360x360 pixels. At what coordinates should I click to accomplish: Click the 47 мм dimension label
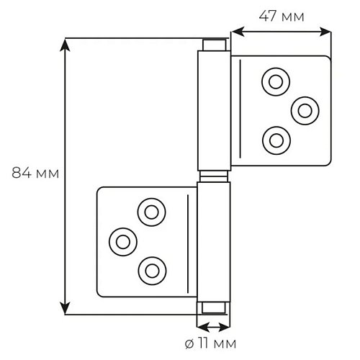click(x=282, y=17)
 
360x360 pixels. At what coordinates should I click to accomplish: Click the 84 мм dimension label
click(x=35, y=173)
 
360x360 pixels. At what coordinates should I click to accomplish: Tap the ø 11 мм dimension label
click(x=210, y=343)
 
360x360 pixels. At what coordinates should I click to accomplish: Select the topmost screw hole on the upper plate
click(x=276, y=82)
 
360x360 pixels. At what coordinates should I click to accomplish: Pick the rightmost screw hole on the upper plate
click(x=305, y=111)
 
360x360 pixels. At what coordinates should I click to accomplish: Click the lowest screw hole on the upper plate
click(x=276, y=140)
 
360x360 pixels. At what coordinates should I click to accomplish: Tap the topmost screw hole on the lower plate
click(x=152, y=212)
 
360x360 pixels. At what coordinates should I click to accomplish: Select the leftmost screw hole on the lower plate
click(x=123, y=242)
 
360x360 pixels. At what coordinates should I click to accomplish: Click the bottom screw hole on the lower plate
click(x=152, y=271)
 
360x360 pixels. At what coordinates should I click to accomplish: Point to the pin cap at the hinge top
click(x=215, y=45)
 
